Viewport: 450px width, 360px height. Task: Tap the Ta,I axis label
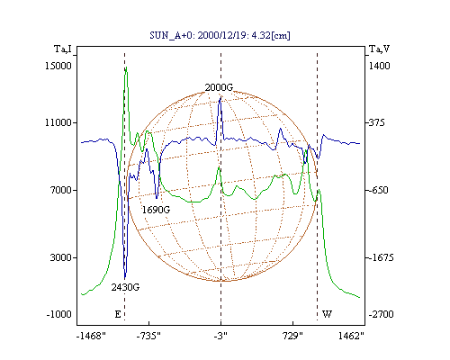[x=63, y=49]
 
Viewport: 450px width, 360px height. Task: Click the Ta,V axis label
[x=380, y=49]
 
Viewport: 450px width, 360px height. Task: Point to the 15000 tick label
[x=58, y=66]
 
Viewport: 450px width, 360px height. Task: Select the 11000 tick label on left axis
[x=58, y=122]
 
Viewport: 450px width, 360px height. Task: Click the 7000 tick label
[x=61, y=190]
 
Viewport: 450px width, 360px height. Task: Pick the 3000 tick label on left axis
[x=61, y=257]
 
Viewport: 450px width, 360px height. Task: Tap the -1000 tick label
[x=59, y=314]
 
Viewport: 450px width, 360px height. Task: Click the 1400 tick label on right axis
[x=379, y=66]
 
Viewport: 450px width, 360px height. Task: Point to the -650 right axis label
[x=378, y=190]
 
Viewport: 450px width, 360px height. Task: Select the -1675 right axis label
[x=381, y=257]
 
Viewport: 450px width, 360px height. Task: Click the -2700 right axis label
[x=381, y=314]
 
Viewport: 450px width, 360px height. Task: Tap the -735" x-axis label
[x=148, y=336]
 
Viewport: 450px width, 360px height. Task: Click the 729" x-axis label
[x=293, y=336]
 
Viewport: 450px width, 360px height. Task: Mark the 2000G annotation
[x=219, y=87]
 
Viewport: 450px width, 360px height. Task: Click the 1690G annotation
[x=156, y=210]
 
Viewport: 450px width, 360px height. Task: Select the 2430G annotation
[x=125, y=287]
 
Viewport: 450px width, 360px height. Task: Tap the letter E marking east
[x=118, y=314]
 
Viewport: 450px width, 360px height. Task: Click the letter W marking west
[x=327, y=314]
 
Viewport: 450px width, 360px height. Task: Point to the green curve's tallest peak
[x=126, y=67]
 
